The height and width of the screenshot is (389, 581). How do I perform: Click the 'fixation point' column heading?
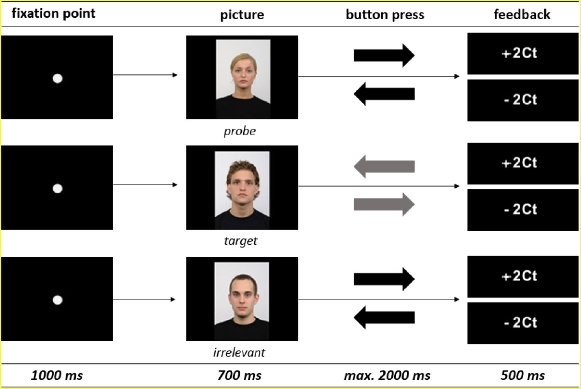point(53,13)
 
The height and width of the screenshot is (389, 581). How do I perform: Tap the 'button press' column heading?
point(385,14)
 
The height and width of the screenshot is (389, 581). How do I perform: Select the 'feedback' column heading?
point(522,14)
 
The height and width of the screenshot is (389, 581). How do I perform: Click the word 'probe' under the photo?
point(240,131)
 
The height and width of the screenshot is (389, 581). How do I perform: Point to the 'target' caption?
point(241,241)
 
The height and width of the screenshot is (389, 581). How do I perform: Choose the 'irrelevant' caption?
point(239,352)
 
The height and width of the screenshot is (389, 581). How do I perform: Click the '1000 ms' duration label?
point(57,375)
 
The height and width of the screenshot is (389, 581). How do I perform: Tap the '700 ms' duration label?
point(239,375)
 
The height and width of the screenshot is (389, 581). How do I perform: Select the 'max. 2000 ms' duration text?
point(387,375)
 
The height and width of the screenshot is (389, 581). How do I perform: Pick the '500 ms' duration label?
point(523,375)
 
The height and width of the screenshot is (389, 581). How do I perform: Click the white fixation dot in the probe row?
point(58,78)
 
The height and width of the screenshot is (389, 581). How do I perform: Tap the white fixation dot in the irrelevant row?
point(58,300)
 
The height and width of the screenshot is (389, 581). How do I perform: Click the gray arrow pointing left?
point(384,166)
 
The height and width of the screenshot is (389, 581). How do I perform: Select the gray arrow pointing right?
point(384,204)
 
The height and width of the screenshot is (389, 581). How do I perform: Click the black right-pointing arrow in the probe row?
point(384,55)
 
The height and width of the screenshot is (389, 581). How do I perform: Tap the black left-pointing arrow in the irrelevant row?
point(384,317)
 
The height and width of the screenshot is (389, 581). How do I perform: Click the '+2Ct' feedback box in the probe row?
point(522,53)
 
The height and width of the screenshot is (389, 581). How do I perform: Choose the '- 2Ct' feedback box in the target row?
point(522,210)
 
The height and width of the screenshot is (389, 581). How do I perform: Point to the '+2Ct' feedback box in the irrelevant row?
point(522,276)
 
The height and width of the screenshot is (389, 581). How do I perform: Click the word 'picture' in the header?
point(242,15)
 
